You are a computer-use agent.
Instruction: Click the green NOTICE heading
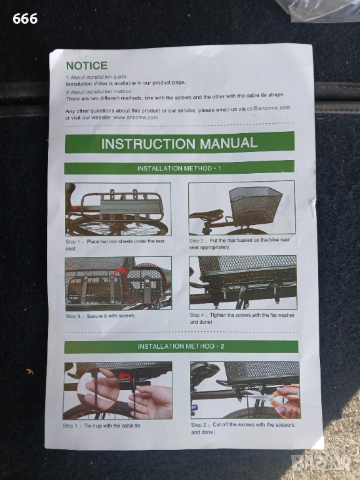click(87, 66)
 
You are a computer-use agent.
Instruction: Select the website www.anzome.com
click(135, 117)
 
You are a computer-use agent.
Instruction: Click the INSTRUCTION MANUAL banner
click(180, 142)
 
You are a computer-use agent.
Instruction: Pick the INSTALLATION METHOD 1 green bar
click(179, 167)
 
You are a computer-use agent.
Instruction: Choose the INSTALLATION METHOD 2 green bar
click(181, 346)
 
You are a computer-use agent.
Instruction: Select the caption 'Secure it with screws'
click(111, 316)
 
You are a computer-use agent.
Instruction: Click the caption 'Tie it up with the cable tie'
click(112, 426)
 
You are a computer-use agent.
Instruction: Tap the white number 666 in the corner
click(25, 19)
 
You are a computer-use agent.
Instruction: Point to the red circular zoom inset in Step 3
click(146, 282)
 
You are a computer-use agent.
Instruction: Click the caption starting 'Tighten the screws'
click(242, 318)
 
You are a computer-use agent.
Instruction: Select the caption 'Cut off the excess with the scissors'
click(242, 428)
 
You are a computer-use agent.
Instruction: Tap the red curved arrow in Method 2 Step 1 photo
click(126, 377)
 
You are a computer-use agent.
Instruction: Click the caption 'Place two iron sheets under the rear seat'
click(115, 244)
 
